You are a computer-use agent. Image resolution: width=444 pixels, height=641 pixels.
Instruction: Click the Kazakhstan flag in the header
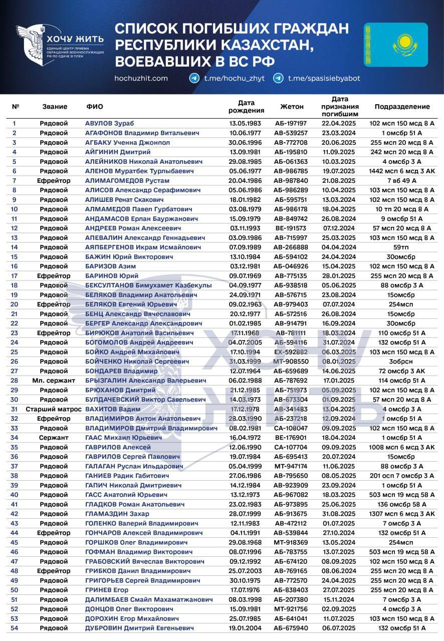pos(396,45)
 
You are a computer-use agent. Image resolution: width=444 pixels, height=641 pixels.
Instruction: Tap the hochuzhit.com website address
pos(141,78)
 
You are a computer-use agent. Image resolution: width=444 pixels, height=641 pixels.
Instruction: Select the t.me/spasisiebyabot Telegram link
pos(323,78)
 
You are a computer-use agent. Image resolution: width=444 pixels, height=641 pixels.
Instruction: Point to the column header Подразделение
pos(402,107)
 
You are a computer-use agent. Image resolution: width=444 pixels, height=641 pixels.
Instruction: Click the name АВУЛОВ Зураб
pos(110,123)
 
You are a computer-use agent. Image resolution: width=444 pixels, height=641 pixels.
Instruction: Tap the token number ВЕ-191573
pos(291,228)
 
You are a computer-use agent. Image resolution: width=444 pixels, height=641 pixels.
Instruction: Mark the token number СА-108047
pos(291,428)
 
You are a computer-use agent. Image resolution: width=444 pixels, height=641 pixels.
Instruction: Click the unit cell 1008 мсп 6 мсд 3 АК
pos(402,447)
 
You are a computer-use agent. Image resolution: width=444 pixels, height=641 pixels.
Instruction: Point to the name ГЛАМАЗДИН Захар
pos(117,514)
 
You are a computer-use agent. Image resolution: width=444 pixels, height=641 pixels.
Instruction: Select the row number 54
pos(15,628)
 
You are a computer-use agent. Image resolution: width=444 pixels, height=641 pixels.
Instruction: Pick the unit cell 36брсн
pos(402,361)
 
